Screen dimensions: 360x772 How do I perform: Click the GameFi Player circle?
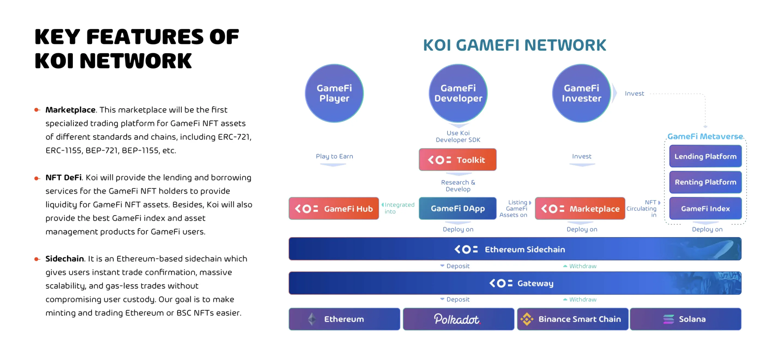tap(334, 93)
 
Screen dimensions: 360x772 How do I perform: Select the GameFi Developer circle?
tap(458, 93)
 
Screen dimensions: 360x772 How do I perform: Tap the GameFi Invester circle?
tap(581, 93)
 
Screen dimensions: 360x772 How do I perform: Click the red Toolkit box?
tap(457, 160)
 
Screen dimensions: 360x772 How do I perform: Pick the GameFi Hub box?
tap(334, 208)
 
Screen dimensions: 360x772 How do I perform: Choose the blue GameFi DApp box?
tap(457, 208)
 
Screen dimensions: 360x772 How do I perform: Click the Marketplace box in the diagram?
tap(580, 208)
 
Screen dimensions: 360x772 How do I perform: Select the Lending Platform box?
tap(705, 156)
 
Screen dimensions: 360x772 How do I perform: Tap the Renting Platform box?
tap(705, 182)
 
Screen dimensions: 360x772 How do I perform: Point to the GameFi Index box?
tap(705, 208)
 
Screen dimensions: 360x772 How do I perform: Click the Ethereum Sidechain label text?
tap(524, 249)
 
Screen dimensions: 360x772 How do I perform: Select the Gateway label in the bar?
tap(535, 283)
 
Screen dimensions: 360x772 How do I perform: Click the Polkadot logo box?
tap(458, 319)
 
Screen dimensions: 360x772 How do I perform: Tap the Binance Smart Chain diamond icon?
tap(527, 319)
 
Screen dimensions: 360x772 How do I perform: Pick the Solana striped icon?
tap(668, 319)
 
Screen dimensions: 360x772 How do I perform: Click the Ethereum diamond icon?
tap(312, 319)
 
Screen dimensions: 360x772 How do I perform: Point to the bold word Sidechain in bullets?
tap(64, 258)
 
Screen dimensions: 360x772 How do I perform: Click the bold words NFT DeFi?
tap(63, 177)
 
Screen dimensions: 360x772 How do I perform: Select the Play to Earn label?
tap(334, 156)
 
